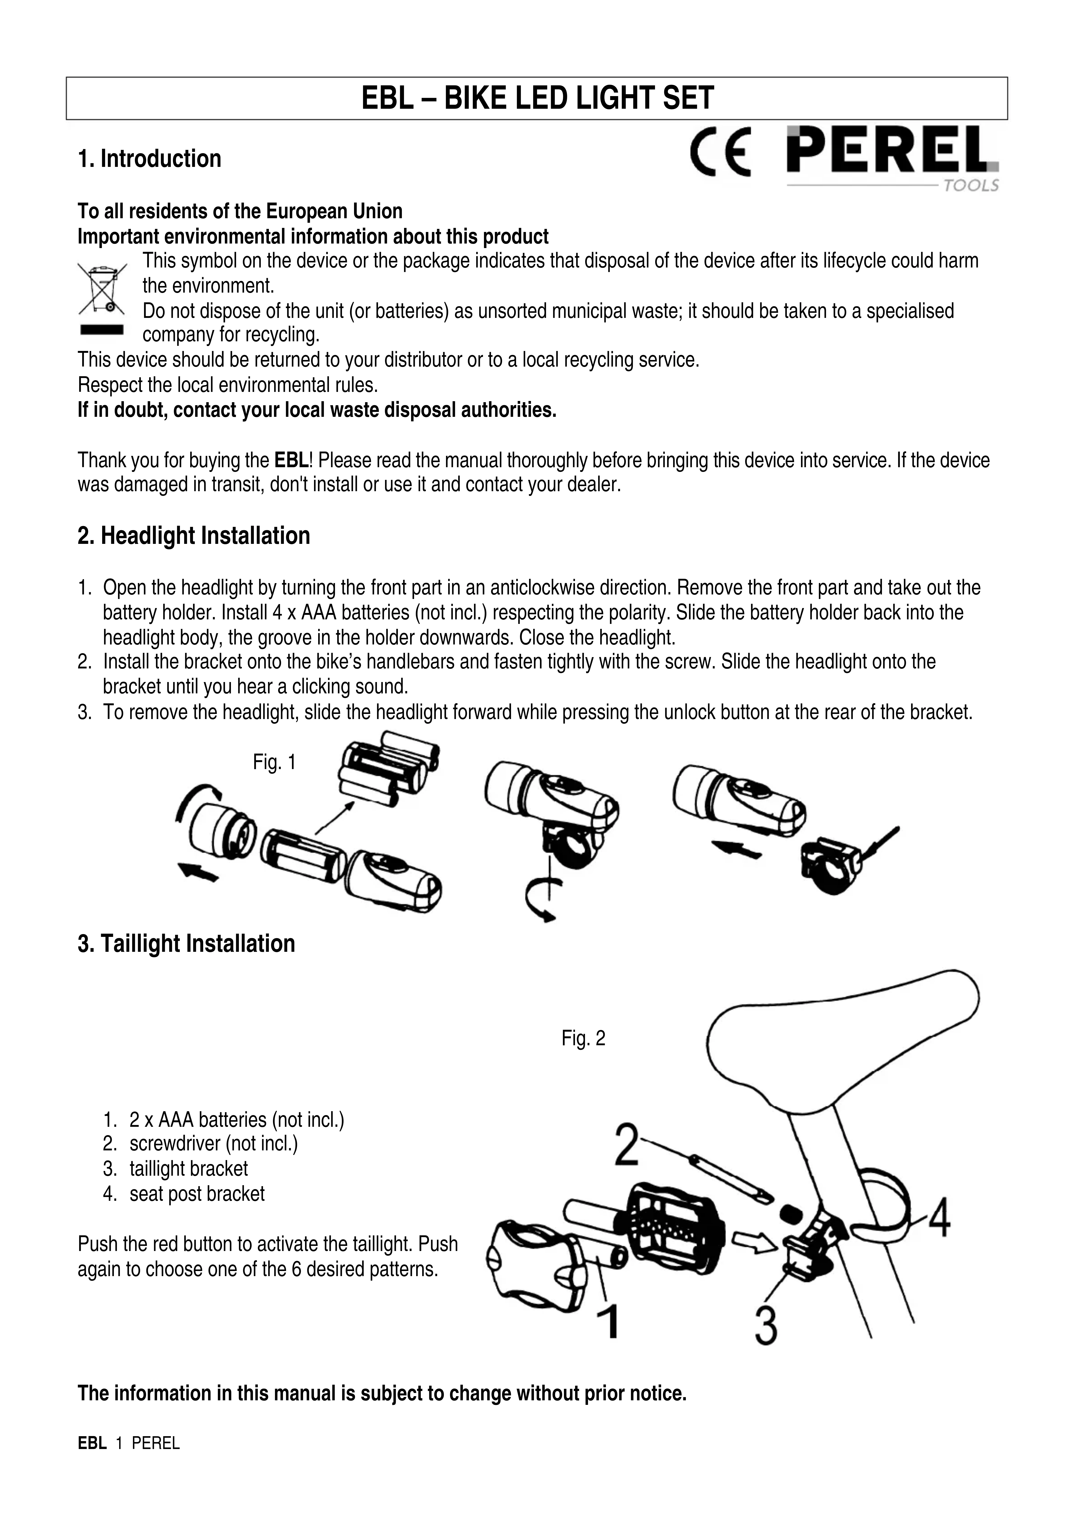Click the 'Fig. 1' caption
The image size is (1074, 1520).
pyautogui.click(x=274, y=763)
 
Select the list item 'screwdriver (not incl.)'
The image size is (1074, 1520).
pyautogui.click(x=213, y=1143)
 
